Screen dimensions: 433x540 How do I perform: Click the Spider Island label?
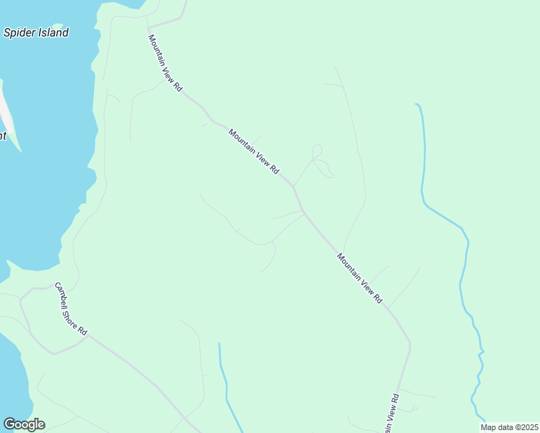[36, 32]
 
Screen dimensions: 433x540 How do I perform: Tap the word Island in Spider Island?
[53, 32]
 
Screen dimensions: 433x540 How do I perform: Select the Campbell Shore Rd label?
[72, 308]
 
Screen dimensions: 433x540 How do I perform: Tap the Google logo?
[24, 424]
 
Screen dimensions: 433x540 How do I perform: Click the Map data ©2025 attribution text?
[510, 427]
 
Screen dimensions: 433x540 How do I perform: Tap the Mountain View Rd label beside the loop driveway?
[253, 151]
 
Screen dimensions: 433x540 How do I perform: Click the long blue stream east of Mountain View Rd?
[462, 274]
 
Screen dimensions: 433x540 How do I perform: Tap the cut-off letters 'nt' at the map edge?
[3, 136]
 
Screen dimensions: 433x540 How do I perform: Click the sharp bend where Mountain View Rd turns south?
[409, 344]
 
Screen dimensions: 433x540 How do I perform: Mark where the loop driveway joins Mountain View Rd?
[293, 186]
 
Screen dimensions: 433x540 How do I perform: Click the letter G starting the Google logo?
[9, 424]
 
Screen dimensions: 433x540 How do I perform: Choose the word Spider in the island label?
[19, 32]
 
